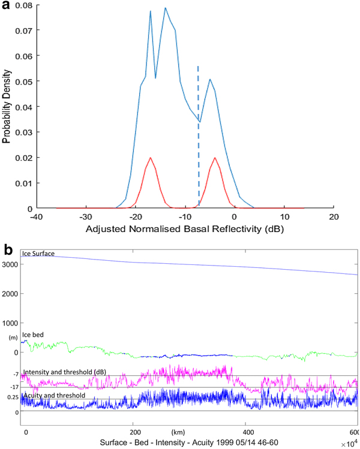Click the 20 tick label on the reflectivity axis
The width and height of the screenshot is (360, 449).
pyautogui.click(x=333, y=216)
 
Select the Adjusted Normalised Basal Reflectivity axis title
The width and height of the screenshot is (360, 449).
pyautogui.click(x=184, y=229)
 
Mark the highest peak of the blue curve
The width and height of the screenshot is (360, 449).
pyautogui.click(x=165, y=8)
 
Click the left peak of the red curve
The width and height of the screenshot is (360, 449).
pyautogui.click(x=150, y=158)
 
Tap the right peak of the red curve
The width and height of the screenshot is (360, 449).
pyautogui.click(x=214, y=158)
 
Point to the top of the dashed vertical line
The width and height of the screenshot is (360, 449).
pyautogui.click(x=199, y=67)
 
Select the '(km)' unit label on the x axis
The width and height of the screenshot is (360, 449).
pyautogui.click(x=177, y=432)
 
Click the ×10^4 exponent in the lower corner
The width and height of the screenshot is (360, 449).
pyautogui.click(x=352, y=444)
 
